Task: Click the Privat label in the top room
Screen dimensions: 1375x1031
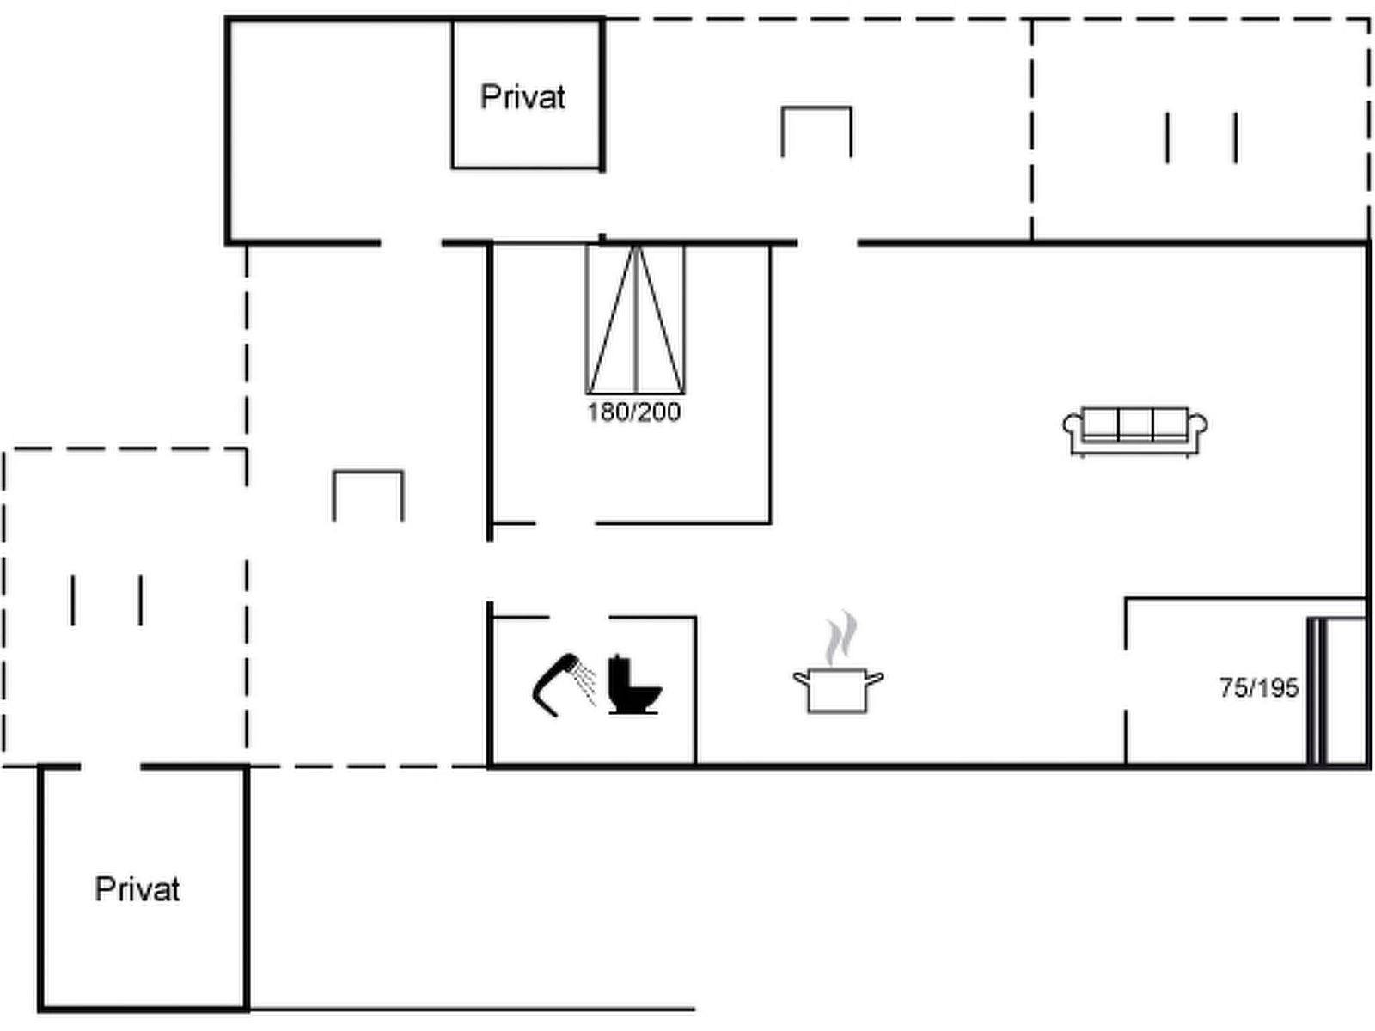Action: pos(522,98)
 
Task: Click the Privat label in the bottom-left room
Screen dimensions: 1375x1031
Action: pos(137,889)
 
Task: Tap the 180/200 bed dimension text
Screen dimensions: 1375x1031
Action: pos(634,412)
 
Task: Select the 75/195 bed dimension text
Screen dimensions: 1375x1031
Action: pos(1259,688)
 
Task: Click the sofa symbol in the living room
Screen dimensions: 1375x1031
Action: pos(1135,431)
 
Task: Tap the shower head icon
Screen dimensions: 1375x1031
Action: pos(565,684)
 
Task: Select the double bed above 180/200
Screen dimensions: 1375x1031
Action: pos(635,320)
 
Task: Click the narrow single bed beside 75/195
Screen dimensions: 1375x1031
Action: pos(1337,691)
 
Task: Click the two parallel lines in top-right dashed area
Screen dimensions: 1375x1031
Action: pos(1201,137)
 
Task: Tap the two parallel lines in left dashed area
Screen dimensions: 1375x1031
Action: pos(107,600)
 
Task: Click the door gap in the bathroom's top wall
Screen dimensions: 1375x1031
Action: pos(579,618)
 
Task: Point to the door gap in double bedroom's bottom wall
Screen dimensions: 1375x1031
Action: pos(565,522)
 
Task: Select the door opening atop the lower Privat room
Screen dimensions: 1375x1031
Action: pos(110,766)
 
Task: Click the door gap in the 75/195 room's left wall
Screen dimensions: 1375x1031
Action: pos(1126,680)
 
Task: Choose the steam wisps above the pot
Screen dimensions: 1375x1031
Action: pos(840,638)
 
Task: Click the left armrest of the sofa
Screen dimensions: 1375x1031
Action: pos(1072,425)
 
